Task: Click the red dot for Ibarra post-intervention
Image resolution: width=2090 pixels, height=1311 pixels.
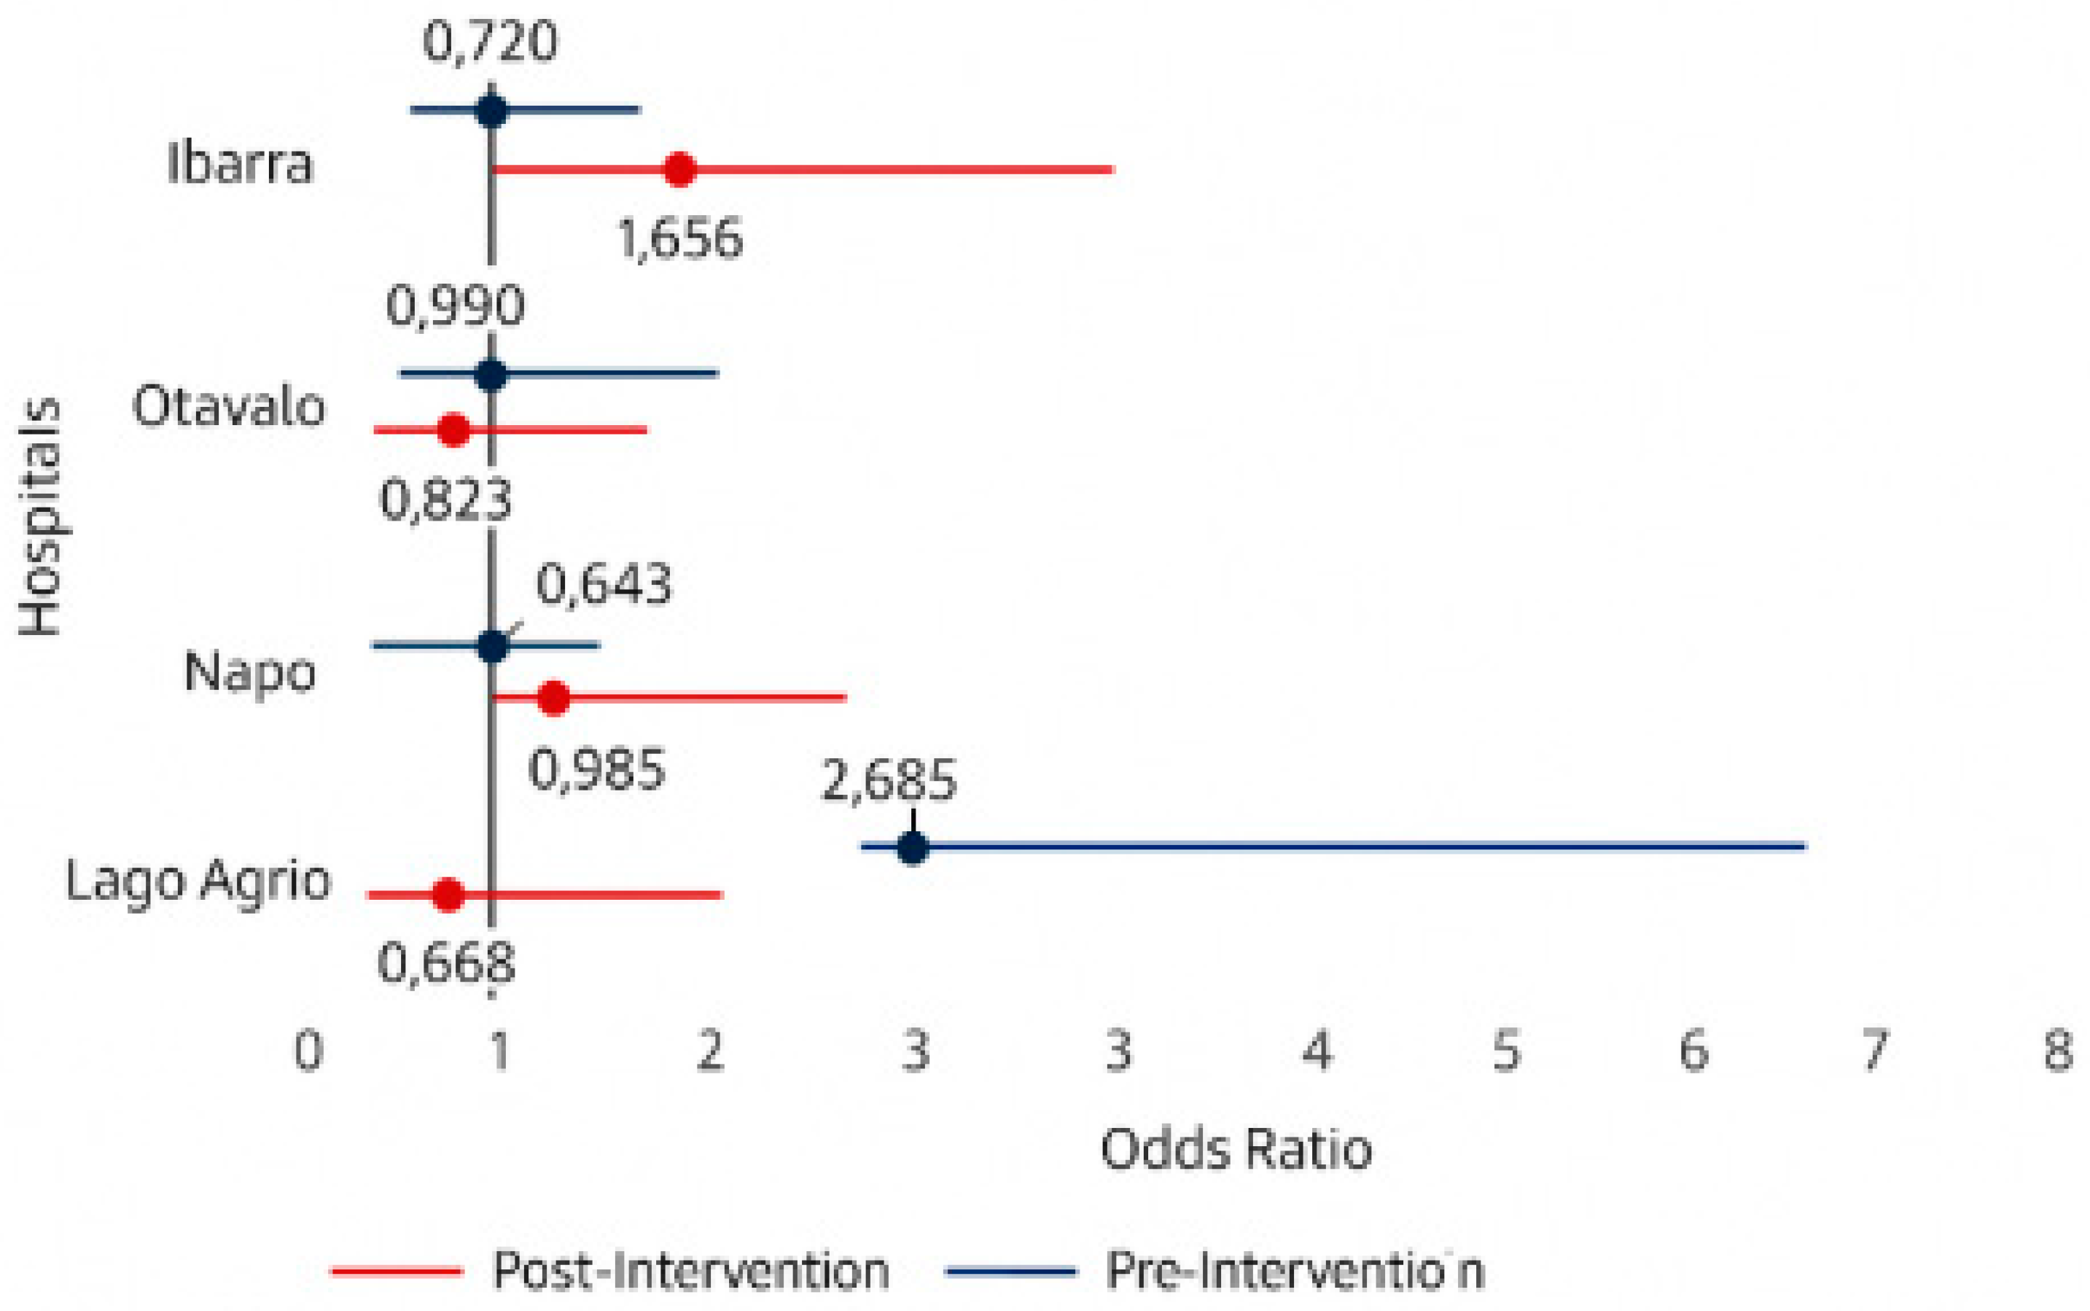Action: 680,169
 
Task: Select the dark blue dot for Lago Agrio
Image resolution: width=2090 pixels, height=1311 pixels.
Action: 913,847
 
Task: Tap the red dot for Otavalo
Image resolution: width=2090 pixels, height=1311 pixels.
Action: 454,430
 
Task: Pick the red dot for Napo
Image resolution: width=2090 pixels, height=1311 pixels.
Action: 554,697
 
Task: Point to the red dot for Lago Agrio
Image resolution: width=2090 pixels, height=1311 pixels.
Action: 448,895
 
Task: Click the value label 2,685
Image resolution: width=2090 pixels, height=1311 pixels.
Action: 889,780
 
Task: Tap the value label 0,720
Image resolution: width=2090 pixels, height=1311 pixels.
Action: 490,42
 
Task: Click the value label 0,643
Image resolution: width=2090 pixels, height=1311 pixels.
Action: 604,584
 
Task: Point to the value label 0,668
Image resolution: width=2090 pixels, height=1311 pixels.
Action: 446,963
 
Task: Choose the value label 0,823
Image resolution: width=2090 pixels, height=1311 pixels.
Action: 446,501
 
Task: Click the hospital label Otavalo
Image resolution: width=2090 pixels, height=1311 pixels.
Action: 229,406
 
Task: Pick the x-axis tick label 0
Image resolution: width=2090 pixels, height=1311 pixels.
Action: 308,1051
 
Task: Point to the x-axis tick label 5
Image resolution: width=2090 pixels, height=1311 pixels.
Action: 1507,1051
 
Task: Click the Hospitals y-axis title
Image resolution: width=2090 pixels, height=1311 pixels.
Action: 41,518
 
